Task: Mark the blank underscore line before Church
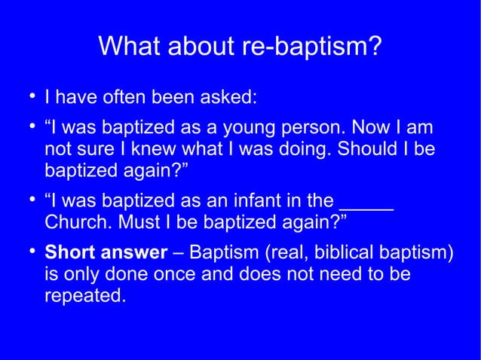[x=366, y=203]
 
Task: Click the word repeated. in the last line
[x=84, y=297]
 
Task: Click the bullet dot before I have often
[x=31, y=96]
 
